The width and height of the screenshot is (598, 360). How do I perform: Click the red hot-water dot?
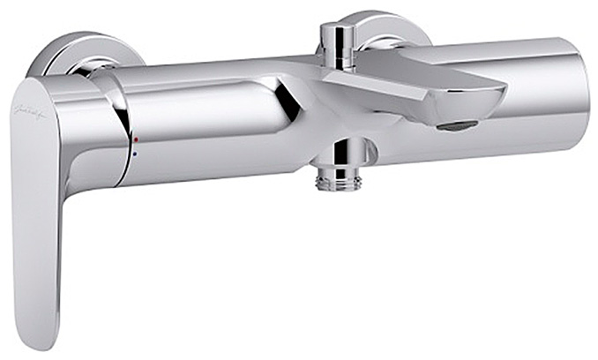(x=136, y=140)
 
